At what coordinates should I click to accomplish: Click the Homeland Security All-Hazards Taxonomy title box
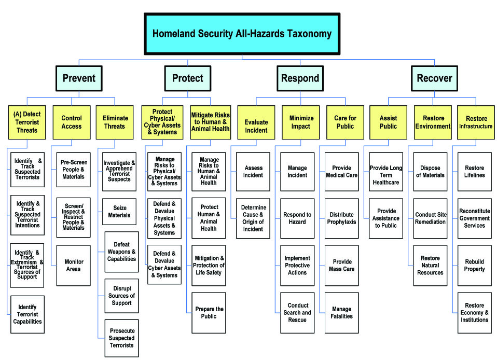(x=242, y=34)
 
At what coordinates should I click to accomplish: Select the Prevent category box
(x=79, y=78)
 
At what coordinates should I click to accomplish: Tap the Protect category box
(x=188, y=78)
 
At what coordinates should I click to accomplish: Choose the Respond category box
(x=300, y=78)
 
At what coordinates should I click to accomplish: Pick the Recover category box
(x=434, y=78)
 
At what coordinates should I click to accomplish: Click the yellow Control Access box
(x=72, y=122)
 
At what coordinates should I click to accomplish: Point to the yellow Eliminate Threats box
(x=115, y=122)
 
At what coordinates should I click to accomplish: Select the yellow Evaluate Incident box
(x=256, y=122)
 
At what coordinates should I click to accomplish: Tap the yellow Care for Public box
(x=345, y=122)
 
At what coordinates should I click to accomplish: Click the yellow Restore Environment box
(x=433, y=122)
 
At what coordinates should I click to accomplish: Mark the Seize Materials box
(x=119, y=212)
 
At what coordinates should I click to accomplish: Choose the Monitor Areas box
(x=74, y=266)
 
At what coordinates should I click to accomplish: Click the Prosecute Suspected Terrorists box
(x=122, y=338)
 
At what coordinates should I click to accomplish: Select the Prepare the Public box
(x=209, y=313)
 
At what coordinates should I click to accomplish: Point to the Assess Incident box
(x=253, y=172)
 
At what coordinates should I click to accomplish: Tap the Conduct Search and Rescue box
(x=297, y=313)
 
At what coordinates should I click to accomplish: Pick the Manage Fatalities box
(x=342, y=313)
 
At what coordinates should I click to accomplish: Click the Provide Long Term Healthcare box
(x=386, y=172)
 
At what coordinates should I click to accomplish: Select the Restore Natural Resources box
(x=430, y=266)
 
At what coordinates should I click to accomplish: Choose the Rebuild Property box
(x=475, y=266)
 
